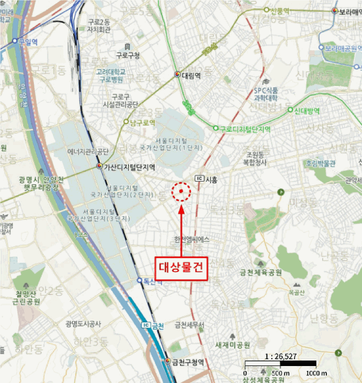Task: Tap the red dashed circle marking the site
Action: (181, 191)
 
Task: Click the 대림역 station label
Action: (191, 75)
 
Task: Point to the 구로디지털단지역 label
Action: (245, 129)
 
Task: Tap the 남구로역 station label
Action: (143, 122)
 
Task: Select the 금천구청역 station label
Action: (187, 362)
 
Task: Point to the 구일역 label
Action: (27, 41)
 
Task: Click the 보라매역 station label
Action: (350, 11)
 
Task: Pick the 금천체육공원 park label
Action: (260, 272)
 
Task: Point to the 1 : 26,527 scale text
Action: (280, 357)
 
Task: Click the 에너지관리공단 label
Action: (89, 151)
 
